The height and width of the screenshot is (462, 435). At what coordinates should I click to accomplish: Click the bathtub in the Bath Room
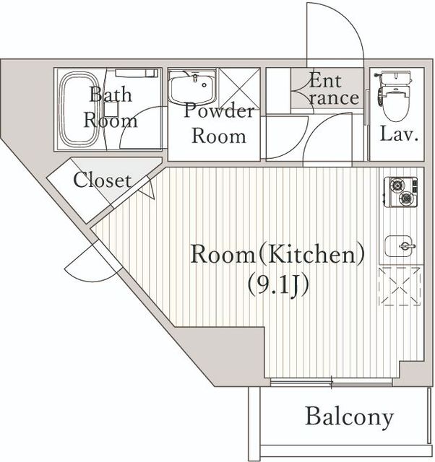[79, 109]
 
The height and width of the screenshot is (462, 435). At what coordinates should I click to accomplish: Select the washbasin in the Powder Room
[191, 88]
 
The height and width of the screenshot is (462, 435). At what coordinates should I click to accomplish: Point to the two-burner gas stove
[401, 192]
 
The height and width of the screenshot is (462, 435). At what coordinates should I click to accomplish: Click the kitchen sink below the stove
[400, 246]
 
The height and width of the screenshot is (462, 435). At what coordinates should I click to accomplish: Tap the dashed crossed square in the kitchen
[400, 286]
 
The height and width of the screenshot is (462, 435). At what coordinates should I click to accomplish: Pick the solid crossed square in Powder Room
[239, 88]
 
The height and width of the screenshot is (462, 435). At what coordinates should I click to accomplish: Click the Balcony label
[350, 417]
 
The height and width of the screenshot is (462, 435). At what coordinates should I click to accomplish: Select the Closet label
[102, 180]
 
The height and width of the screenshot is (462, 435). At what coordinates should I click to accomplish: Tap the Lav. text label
[399, 134]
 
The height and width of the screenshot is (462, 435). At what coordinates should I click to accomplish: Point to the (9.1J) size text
[278, 284]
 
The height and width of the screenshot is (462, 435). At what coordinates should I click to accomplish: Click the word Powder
[219, 110]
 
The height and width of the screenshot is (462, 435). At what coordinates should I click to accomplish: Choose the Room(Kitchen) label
[277, 254]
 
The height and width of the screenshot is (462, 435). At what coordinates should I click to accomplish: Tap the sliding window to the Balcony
[331, 382]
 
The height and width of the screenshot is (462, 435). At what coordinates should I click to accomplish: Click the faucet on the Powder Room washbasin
[194, 78]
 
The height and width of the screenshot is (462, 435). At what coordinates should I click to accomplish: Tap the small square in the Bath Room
[111, 109]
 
